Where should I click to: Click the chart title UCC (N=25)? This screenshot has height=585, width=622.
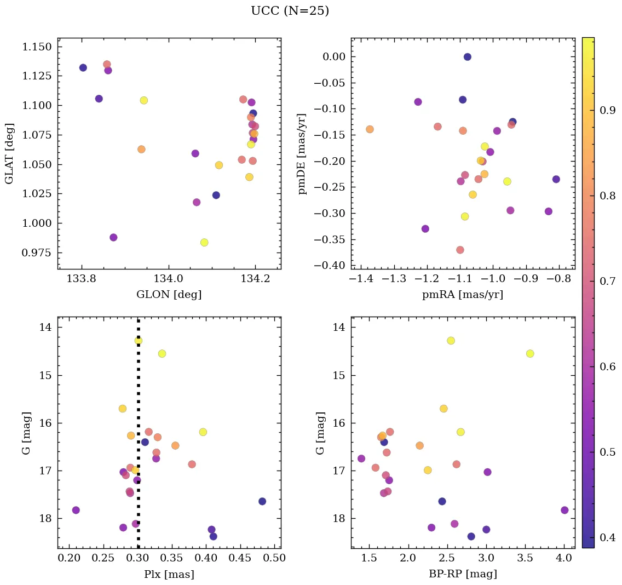coord(290,11)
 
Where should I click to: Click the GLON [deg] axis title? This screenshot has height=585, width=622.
coord(169,295)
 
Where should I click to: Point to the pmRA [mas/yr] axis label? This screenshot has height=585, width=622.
coord(462,295)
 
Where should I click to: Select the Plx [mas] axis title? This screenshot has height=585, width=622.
coord(169,574)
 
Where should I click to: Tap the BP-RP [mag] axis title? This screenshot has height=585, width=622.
coord(462,574)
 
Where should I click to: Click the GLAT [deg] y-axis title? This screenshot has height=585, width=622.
coord(9,153)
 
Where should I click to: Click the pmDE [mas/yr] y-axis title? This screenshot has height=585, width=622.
coord(302,153)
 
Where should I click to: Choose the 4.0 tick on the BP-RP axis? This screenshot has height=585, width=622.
coord(564,559)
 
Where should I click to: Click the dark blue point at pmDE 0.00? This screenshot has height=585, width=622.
coord(467,57)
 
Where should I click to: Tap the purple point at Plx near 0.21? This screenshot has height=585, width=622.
coord(76,510)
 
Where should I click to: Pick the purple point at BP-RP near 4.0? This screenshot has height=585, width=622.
coord(565,510)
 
